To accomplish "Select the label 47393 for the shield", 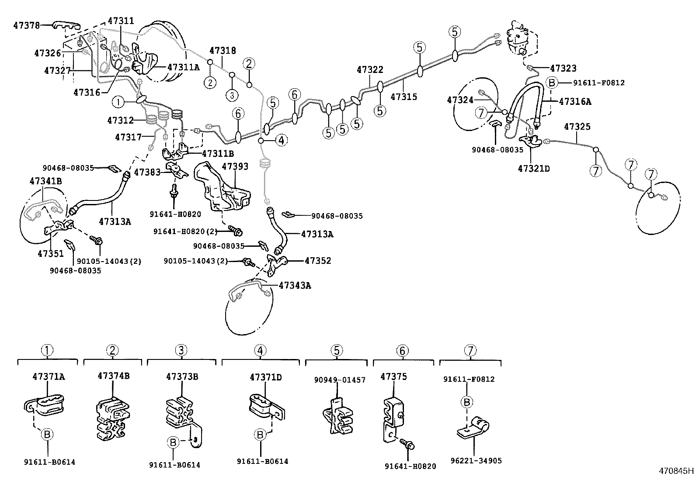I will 235,166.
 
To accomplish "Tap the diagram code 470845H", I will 676,471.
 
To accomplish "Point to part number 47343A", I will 295,286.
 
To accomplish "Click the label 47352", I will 318,261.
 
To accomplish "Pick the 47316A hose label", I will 575,101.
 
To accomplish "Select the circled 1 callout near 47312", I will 118,102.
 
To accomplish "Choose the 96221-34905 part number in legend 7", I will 477,461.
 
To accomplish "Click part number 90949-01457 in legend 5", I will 340,380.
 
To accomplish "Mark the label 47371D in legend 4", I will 265,376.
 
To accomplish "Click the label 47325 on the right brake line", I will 577,127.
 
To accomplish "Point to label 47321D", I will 533,168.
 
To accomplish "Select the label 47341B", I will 45,181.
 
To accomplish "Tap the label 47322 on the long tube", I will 370,69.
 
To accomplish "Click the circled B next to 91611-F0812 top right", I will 552,83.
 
